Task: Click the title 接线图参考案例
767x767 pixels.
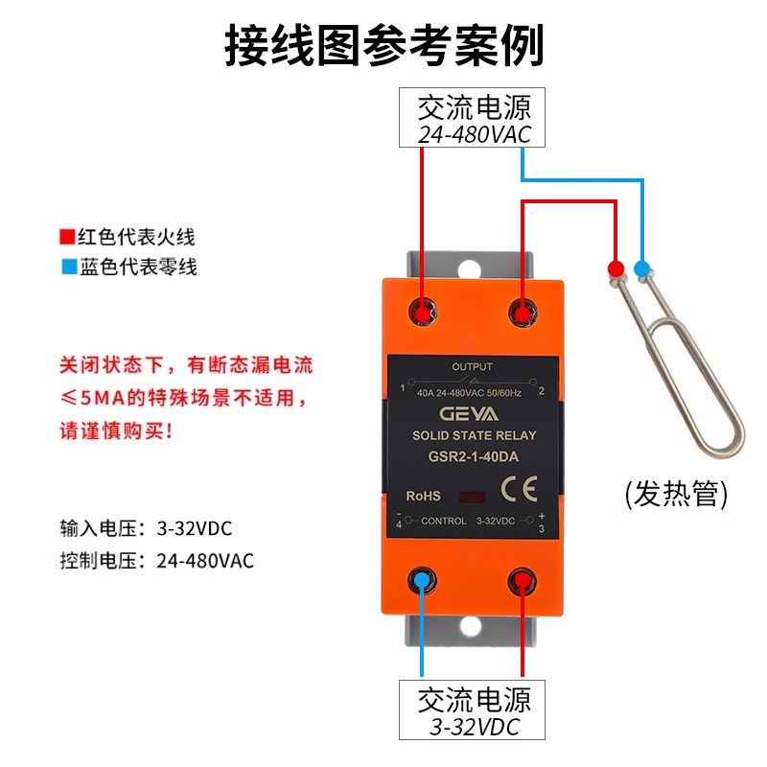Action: click(383, 44)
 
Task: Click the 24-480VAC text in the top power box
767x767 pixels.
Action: click(474, 134)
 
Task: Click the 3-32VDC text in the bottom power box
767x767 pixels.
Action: click(474, 727)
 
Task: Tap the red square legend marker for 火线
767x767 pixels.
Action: click(66, 237)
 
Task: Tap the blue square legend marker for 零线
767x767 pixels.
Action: click(66, 267)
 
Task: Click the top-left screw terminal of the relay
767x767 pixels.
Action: click(422, 312)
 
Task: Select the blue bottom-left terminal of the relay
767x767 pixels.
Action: click(422, 579)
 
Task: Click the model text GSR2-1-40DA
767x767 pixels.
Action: click(472, 457)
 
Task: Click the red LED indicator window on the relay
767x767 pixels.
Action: click(472, 498)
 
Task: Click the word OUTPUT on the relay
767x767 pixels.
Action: click(472, 367)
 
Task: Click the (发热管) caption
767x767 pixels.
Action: click(676, 496)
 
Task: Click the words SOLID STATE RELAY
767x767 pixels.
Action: click(472, 436)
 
